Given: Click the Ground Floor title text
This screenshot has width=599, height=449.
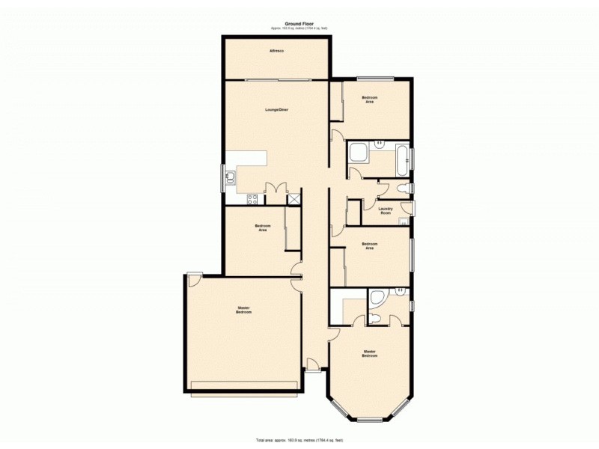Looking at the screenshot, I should (299, 24).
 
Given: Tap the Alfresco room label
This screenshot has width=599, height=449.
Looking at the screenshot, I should (277, 51).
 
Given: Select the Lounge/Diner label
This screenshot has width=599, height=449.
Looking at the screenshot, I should (277, 110).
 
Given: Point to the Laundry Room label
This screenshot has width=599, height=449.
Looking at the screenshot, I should (386, 211).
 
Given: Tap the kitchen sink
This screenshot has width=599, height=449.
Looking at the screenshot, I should (231, 177).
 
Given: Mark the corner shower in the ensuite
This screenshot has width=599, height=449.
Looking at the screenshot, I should (377, 297).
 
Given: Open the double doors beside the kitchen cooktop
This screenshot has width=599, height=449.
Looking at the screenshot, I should (276, 189).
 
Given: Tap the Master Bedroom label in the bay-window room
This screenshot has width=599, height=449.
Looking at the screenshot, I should (369, 353).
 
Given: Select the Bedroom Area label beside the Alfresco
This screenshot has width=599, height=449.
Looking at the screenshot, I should (369, 100).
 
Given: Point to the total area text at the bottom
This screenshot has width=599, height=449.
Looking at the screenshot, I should (299, 439).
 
